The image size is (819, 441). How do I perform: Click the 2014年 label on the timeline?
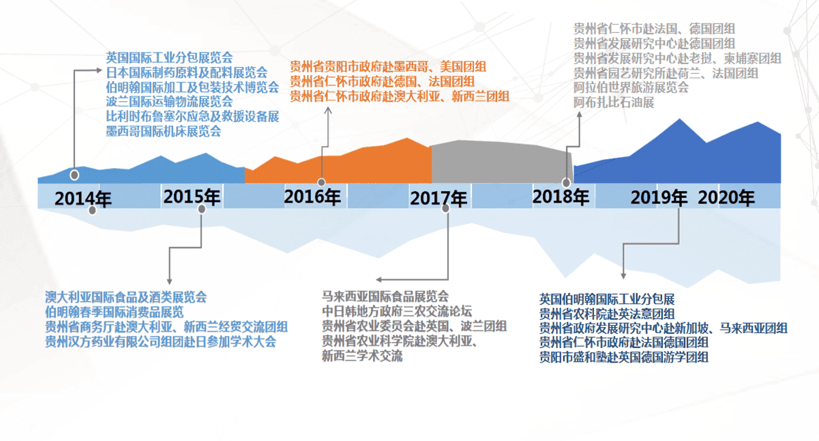coord(83,199)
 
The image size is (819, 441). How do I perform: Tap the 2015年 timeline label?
coord(192,197)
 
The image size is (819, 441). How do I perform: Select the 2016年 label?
coord(312,197)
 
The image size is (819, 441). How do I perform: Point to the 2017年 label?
coord(438,199)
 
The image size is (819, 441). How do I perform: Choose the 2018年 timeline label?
coord(561,197)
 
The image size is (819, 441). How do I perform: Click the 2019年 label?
coord(659,197)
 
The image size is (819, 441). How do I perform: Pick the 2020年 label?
coord(726,197)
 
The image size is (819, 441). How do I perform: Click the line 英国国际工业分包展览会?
coord(169,57)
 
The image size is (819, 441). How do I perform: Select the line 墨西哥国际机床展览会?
coord(164,131)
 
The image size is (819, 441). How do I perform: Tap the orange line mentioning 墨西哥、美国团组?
coord(388,67)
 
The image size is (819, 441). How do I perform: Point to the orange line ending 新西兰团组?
coord(400,97)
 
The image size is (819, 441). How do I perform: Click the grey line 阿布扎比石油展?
coord(614,102)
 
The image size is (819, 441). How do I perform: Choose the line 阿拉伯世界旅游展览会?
coord(631,88)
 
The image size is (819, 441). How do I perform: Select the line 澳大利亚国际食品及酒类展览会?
coord(126,297)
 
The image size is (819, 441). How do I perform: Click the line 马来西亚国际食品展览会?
coord(385,296)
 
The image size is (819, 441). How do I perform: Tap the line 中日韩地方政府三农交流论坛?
coord(397,311)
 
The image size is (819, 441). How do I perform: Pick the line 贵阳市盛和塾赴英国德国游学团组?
coord(624,357)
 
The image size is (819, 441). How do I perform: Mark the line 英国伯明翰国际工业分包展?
coord(607,299)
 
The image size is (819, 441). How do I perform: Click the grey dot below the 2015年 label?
coord(201,210)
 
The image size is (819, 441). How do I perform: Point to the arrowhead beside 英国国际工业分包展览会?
coord(99,70)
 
